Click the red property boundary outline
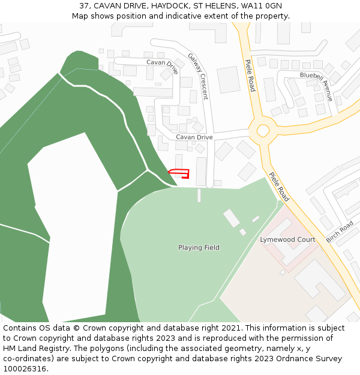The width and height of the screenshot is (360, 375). pos(179,173)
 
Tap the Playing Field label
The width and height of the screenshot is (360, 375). pos(199,248)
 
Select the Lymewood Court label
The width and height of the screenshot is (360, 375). pos(287,239)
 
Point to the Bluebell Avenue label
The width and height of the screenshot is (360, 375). pos(316,86)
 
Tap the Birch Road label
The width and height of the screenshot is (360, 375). pos(340,232)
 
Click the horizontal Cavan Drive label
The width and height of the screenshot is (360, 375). pos(194,137)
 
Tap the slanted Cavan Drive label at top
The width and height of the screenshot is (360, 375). pos(163,66)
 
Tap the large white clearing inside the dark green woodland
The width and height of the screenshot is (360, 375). pos(72,228)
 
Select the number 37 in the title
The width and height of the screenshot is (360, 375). pos(84,5)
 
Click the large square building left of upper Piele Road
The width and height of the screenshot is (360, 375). pos(229,80)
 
